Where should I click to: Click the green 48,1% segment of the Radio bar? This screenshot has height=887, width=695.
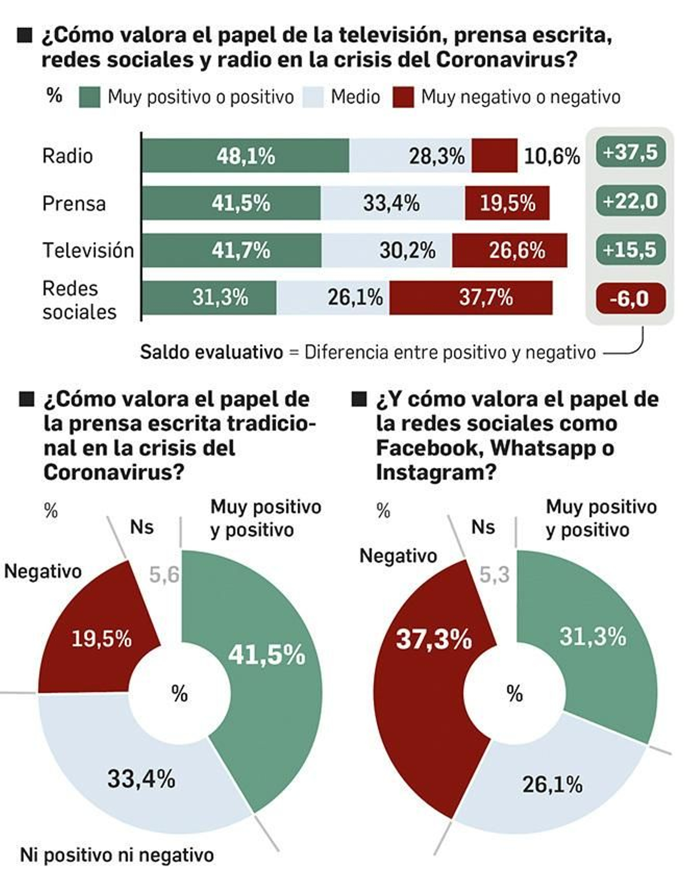tap(245, 155)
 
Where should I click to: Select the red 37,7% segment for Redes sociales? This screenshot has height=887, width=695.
tap(471, 298)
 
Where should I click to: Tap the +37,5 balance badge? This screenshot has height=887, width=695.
tap(630, 152)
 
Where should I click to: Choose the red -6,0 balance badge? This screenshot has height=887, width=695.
tap(630, 299)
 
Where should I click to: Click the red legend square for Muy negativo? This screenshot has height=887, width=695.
tap(403, 97)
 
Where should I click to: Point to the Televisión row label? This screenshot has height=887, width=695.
tap(88, 250)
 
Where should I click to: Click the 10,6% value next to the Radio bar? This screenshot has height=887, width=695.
tap(552, 156)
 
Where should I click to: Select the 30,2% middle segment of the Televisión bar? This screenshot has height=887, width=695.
tap(387, 250)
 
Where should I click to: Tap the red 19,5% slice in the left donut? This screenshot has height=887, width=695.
tap(101, 639)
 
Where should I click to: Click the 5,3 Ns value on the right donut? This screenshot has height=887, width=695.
tap(494, 575)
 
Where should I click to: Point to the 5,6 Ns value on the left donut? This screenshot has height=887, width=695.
tap(164, 575)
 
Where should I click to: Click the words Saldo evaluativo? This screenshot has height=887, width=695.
tap(212, 352)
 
